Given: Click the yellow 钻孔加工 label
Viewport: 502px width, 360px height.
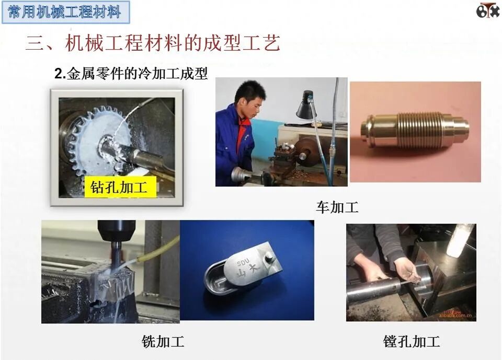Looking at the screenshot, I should click(x=120, y=187).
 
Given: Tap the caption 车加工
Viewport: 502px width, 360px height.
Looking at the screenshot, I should click(x=337, y=207).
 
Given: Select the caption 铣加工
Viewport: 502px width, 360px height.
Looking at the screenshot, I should click(x=163, y=342).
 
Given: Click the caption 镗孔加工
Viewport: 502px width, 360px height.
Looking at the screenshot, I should click(x=412, y=342).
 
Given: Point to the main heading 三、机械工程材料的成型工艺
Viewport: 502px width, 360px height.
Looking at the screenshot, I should click(x=153, y=43).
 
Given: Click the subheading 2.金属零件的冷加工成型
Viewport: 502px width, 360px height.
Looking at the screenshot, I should click(x=131, y=74).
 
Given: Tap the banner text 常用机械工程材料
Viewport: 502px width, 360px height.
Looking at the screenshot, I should click(x=65, y=11).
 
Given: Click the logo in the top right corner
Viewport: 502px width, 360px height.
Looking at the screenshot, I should click(x=487, y=11).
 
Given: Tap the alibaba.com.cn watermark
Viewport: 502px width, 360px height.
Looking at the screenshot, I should click(x=457, y=316).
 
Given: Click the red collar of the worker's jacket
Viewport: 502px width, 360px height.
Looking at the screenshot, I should click(x=241, y=131).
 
